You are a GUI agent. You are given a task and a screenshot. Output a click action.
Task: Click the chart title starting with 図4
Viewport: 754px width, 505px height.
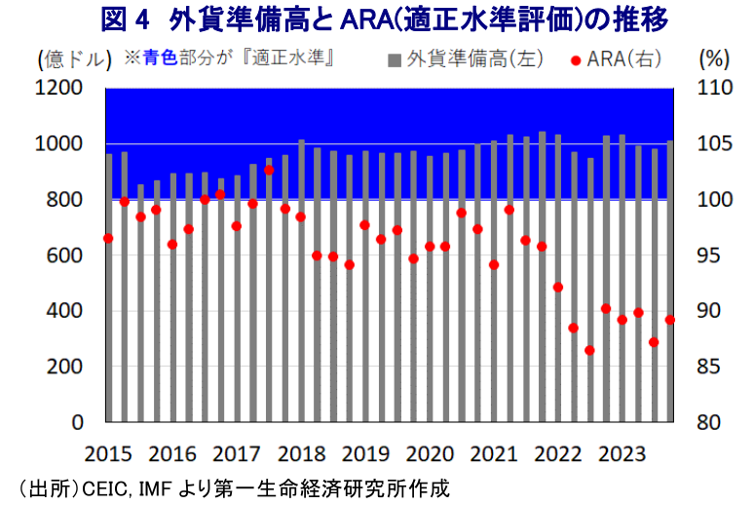click(x=377, y=19)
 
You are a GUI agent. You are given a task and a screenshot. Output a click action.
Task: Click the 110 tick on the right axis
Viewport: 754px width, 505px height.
click(x=715, y=89)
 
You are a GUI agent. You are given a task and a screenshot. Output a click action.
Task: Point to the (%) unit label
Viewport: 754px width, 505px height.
click(x=714, y=58)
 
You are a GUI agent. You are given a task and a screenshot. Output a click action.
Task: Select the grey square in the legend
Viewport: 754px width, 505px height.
click(x=395, y=59)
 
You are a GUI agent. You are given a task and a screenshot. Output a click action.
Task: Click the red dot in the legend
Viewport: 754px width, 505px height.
click(x=575, y=60)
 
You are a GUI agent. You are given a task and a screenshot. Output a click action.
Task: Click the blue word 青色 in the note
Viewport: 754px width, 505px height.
click(x=159, y=58)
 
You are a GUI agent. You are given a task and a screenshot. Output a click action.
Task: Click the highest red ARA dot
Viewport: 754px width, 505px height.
click(x=269, y=170)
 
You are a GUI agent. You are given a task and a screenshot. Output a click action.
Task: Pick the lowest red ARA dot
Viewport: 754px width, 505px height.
click(x=589, y=350)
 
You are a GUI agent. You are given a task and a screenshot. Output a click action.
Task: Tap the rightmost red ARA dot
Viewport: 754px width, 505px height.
click(x=669, y=320)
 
